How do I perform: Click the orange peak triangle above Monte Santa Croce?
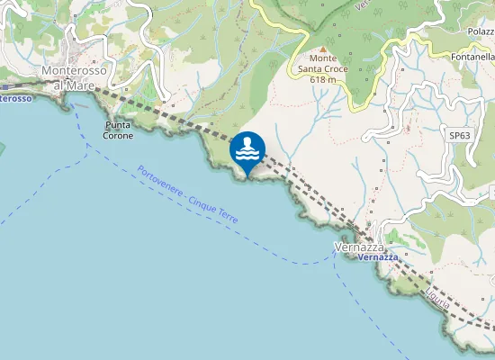pyautogui.click(x=322, y=49)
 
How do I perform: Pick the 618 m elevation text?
pyautogui.click(x=322, y=79)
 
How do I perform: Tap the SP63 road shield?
pyautogui.click(x=459, y=136)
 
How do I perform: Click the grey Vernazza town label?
pyautogui.click(x=359, y=247)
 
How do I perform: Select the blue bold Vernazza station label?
pyautogui.click(x=377, y=257)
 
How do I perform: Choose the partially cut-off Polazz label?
pyautogui.click(x=481, y=31)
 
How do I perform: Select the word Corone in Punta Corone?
pyautogui.click(x=119, y=136)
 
